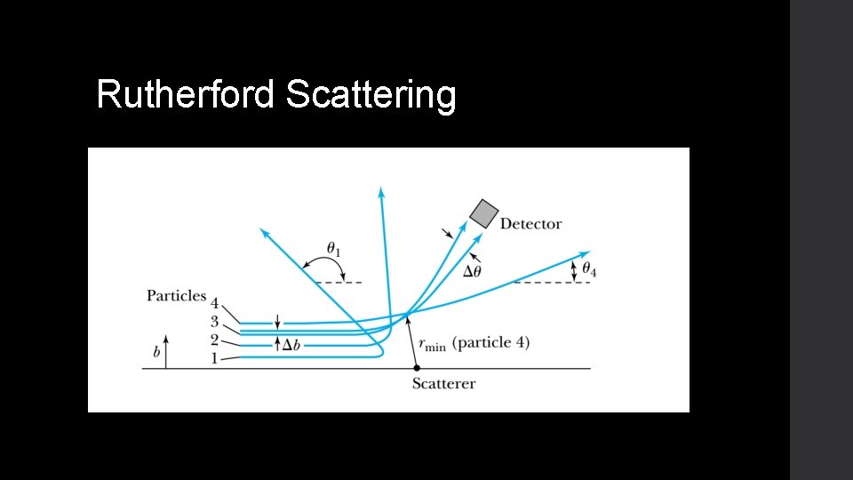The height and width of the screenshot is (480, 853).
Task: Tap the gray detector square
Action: [x=483, y=213]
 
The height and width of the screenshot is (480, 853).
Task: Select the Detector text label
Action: [x=530, y=224]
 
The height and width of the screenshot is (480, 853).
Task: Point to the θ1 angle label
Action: [x=334, y=250]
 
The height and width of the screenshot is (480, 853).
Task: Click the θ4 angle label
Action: [x=588, y=269]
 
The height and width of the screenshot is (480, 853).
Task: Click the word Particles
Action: [x=176, y=296]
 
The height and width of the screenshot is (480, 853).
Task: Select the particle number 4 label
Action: [x=214, y=305]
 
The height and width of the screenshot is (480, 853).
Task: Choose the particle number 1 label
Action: [x=212, y=358]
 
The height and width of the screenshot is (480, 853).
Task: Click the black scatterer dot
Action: [x=416, y=368]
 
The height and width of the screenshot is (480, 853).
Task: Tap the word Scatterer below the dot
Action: [x=443, y=384]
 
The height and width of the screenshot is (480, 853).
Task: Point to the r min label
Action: [x=433, y=345]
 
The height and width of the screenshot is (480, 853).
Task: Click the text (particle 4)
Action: [x=490, y=343]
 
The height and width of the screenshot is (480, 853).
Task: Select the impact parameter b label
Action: [x=157, y=353]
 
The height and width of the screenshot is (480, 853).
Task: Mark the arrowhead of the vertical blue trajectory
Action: [x=381, y=192]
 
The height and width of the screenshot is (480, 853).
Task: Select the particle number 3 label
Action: [x=214, y=322]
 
